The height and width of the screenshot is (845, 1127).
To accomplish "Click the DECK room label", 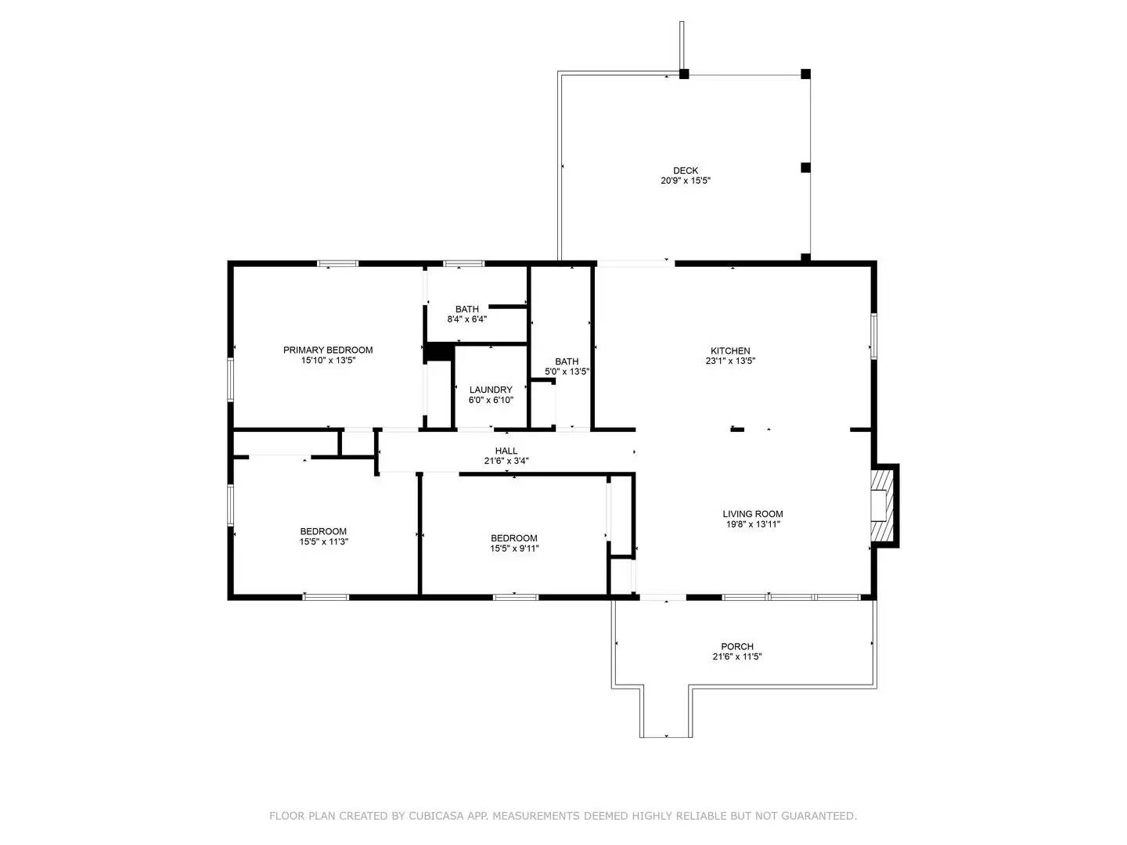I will click(686, 171).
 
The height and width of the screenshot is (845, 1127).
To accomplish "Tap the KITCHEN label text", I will click(730, 351).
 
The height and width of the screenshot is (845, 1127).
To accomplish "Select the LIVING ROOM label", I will click(752, 514).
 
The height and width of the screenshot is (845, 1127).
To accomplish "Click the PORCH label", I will click(737, 646).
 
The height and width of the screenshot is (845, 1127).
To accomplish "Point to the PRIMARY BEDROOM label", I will click(328, 350).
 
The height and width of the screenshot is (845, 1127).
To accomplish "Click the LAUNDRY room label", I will click(491, 390).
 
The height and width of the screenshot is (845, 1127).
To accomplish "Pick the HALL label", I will click(506, 451).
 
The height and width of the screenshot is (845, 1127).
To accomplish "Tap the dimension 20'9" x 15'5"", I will click(686, 181).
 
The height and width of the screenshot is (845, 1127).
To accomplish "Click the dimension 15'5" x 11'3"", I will click(323, 541).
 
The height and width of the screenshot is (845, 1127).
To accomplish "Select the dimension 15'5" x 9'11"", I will click(514, 548).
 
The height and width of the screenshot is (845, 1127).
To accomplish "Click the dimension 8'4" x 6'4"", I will click(467, 319).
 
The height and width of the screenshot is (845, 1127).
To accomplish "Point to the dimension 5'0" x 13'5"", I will click(567, 372).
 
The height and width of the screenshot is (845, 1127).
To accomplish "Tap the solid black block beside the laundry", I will click(438, 352).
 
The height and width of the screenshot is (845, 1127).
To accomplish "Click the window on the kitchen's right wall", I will click(874, 336).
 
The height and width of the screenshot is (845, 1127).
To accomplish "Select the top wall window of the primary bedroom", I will click(337, 264).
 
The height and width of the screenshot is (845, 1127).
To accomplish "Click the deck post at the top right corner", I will click(805, 74).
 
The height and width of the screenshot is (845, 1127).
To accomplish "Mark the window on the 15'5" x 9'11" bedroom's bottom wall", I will click(516, 598).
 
